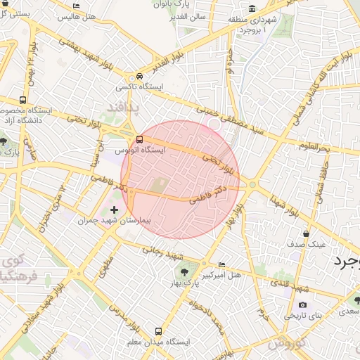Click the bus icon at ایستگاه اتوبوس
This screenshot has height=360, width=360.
(139, 139)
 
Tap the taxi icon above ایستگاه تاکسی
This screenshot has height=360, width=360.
(140, 76)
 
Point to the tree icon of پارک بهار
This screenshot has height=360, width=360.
(184, 270)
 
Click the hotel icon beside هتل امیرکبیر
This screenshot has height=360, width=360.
(222, 264)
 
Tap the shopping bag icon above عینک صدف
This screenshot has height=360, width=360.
(306, 233)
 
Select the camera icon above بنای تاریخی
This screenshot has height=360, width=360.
(302, 304)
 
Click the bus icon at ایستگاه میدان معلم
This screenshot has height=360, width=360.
(157, 330)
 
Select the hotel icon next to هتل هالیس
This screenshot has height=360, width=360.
(77, 6)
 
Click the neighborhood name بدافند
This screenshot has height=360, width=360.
(124, 105)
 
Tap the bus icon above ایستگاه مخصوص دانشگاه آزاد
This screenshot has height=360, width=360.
(23, 100)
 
